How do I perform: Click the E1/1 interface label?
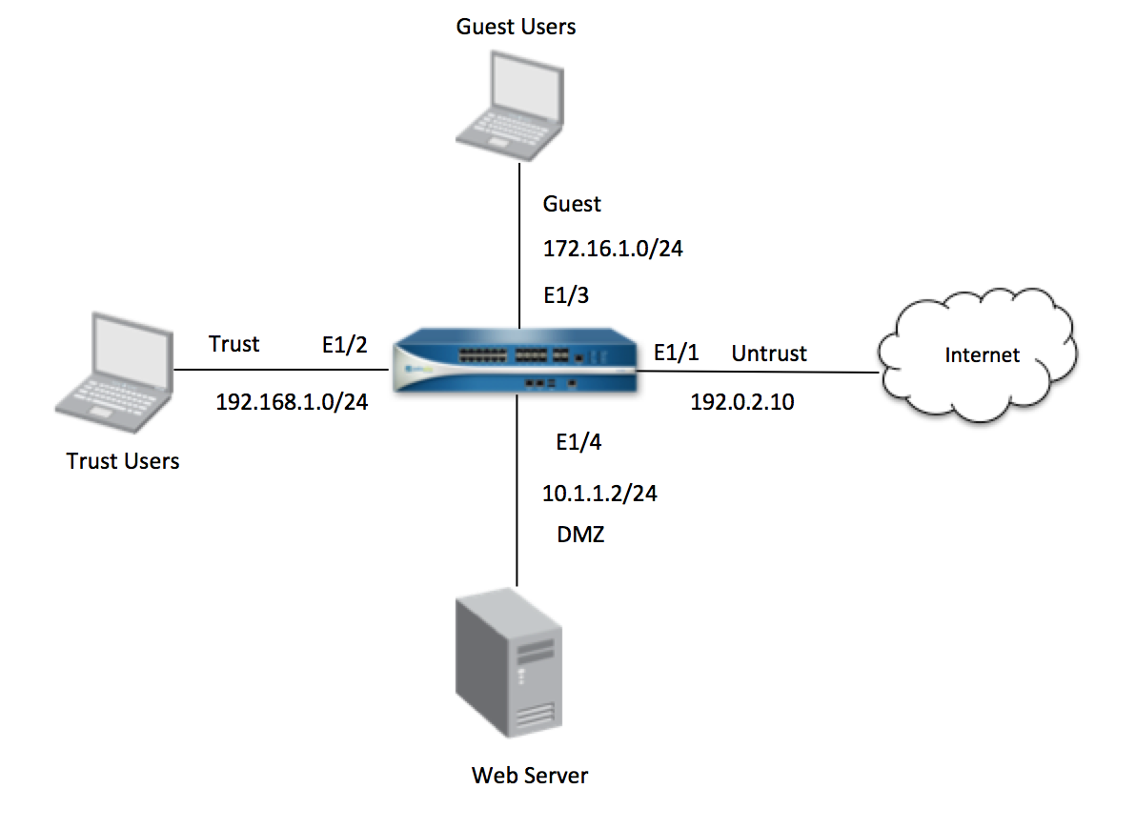[676, 354]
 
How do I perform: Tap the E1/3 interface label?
[566, 295]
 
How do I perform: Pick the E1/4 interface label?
[578, 442]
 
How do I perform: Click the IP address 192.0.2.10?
[741, 402]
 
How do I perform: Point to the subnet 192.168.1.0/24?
[292, 401]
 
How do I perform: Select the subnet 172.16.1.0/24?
[613, 250]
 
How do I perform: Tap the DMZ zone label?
[580, 535]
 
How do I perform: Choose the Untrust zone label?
[769, 354]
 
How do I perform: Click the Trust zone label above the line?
[234, 343]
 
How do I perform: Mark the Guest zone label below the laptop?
[572, 204]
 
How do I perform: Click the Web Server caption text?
[530, 775]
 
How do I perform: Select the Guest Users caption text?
[516, 26]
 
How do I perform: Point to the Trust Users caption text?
[123, 461]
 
